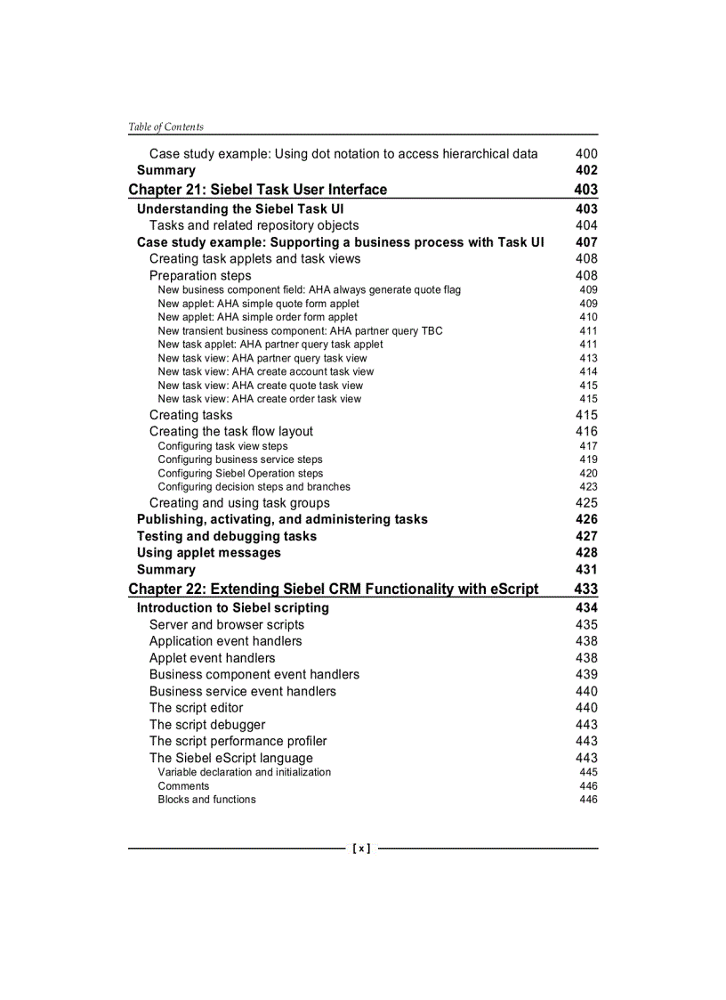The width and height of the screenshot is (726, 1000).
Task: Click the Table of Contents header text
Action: (165, 126)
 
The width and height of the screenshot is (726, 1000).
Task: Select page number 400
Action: (586, 154)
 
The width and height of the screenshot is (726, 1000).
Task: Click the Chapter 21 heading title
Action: (258, 190)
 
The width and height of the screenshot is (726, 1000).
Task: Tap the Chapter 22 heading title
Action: (334, 589)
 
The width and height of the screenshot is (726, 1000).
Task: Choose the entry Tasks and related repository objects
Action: (254, 225)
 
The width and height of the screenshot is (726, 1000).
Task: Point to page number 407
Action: (586, 242)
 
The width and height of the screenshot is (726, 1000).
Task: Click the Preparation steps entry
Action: (200, 276)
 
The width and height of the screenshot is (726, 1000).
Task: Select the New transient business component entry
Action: (300, 331)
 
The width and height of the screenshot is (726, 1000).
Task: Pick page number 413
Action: (588, 358)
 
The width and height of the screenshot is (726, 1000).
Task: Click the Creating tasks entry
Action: (190, 415)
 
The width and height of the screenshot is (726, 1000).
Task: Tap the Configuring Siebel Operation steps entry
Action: (240, 474)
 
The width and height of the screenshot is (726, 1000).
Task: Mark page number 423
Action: (588, 487)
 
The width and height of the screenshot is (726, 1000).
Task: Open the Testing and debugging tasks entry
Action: (226, 536)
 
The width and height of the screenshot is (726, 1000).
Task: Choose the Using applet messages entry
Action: (208, 553)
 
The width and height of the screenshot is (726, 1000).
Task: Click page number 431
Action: (586, 570)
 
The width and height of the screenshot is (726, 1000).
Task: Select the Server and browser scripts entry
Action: (226, 625)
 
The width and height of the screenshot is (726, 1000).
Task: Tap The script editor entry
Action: (196, 708)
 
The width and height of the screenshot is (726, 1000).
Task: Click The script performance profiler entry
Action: (238, 741)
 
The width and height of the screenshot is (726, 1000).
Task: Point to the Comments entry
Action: (183, 786)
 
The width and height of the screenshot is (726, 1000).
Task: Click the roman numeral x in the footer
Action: (362, 849)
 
